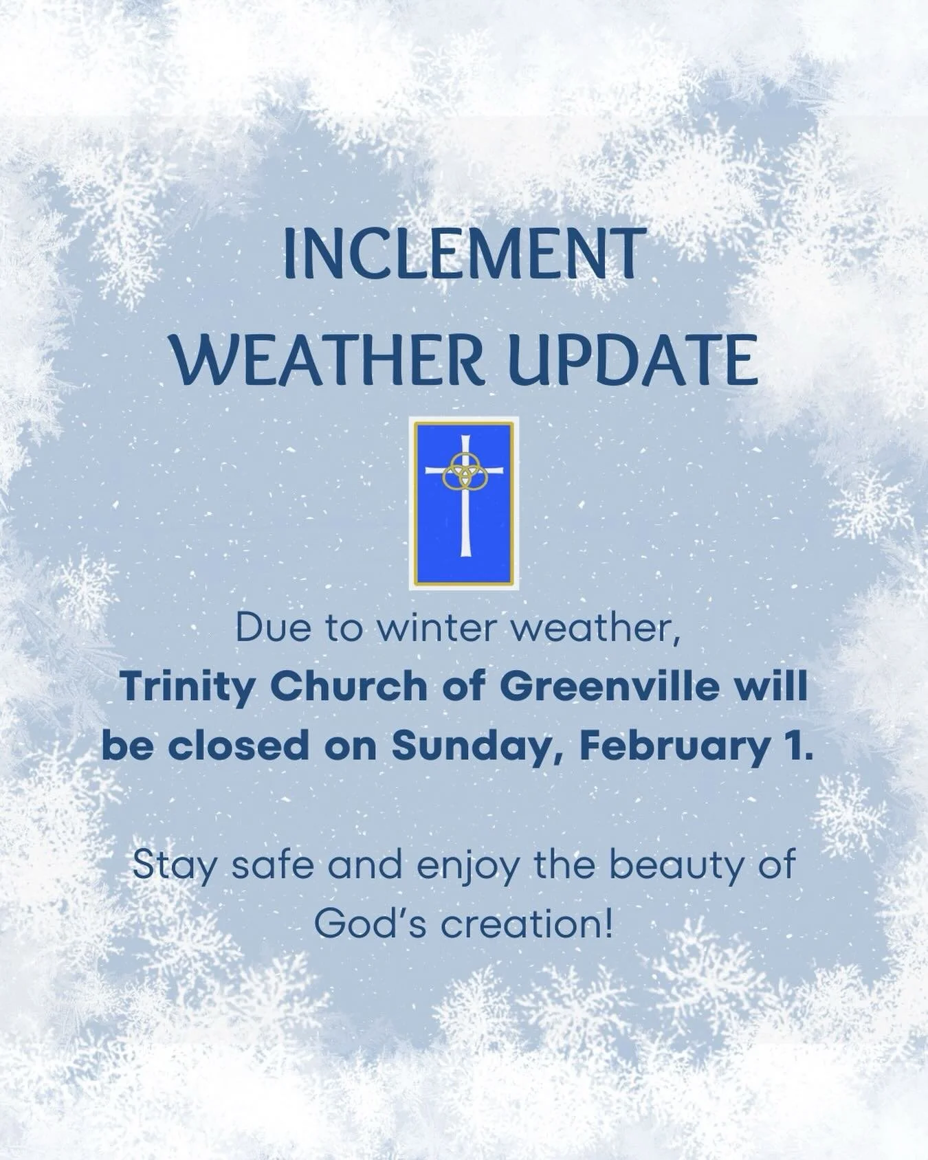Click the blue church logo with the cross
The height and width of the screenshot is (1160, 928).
pos(463,503)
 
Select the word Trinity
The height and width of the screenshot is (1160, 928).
pos(187,687)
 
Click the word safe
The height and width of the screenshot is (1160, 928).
pos(274,865)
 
